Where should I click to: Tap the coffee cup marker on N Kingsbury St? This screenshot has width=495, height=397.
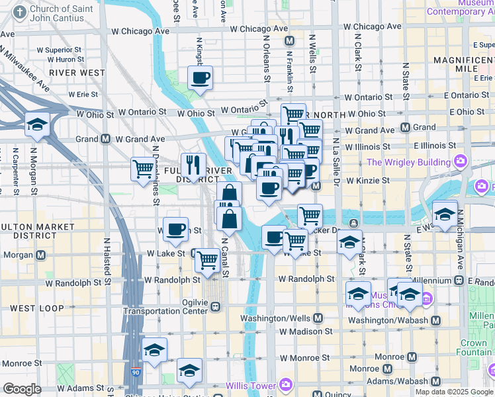[x=200, y=79]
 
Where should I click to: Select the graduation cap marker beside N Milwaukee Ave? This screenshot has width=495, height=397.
[x=38, y=124]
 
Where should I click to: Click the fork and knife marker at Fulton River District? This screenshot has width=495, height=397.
[x=193, y=165]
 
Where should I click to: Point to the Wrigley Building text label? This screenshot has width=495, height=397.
[x=408, y=162]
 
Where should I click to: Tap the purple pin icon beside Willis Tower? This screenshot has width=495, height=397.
[x=286, y=384]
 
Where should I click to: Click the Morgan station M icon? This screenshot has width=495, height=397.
[x=42, y=255]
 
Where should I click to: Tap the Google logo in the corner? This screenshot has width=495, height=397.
[x=22, y=389]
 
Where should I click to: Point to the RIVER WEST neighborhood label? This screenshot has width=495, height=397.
[x=77, y=72]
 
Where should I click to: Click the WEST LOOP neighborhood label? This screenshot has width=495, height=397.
[x=37, y=308]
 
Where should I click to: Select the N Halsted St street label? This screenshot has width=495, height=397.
[x=106, y=261]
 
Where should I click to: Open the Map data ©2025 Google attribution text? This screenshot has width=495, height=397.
[x=455, y=392]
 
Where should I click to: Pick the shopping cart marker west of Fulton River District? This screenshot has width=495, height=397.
[x=143, y=170]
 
